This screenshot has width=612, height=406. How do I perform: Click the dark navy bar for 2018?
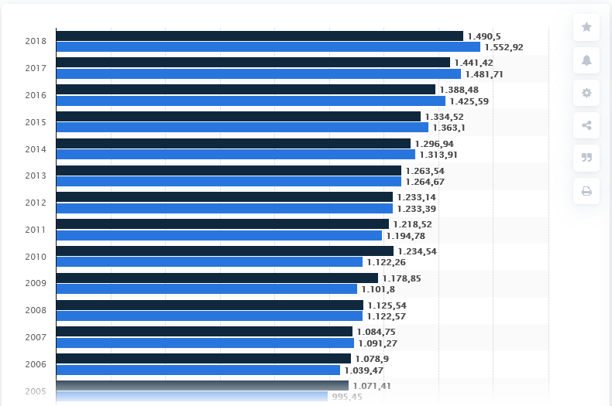tap(260, 36)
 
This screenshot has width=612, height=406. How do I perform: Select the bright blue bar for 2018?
tap(268, 47)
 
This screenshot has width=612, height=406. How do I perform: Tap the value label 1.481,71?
tap(484, 74)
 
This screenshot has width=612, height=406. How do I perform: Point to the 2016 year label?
tap(36, 95)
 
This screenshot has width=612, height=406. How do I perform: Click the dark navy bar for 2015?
tap(239, 117)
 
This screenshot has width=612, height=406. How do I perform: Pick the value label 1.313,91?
tap(438, 155)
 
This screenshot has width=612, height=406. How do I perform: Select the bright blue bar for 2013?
tap(229, 182)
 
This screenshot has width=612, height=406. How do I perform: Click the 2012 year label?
tap(36, 203)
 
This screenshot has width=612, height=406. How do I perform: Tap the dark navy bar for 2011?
tap(222, 224)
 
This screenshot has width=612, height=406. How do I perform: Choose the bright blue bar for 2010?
tap(209, 262)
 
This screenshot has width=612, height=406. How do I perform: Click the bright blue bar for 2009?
tap(207, 289)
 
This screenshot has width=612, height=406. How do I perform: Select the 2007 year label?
tap(36, 337)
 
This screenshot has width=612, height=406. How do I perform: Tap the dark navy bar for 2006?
tap(204, 359)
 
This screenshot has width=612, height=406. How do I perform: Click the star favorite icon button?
tap(586, 27)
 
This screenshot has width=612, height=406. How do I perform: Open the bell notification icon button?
tap(586, 60)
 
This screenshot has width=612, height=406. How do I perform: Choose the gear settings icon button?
tap(586, 93)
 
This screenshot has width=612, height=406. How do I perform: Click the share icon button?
tap(586, 125)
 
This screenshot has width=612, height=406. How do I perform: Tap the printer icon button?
tap(586, 191)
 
